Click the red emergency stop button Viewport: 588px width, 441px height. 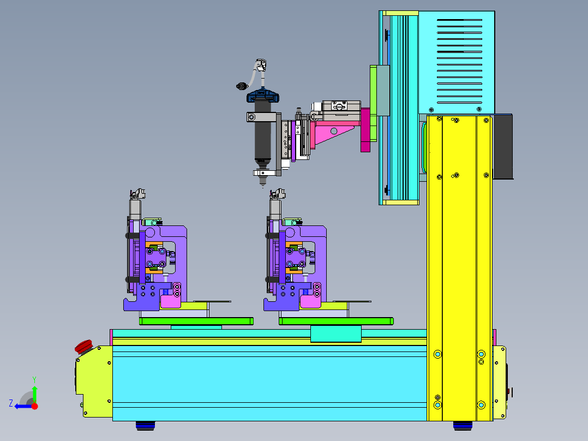coord(83,346)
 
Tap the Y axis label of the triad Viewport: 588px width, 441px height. coord(34,379)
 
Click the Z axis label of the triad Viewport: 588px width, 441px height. coord(11,403)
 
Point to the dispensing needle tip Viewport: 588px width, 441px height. coord(262,186)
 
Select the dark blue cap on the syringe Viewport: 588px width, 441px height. coord(263,96)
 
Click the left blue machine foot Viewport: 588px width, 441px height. coord(145,425)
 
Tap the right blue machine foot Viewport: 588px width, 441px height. coord(463,425)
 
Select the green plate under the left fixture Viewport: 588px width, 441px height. coord(196,321)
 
